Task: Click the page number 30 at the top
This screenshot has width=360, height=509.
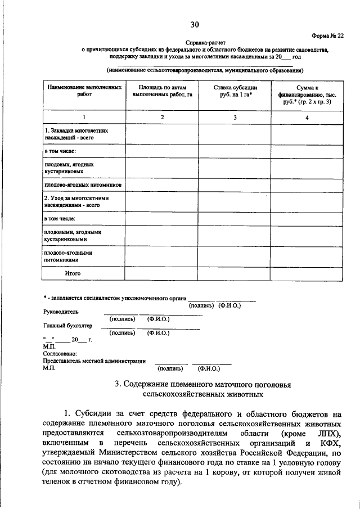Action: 195,24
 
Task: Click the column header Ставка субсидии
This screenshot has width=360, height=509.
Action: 235,92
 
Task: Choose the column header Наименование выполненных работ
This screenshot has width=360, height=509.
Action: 84,92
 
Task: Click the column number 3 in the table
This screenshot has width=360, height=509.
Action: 235,118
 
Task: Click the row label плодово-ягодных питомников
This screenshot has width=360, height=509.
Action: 83,184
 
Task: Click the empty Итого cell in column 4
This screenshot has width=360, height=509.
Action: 307,273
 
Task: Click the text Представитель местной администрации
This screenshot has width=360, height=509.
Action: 94,361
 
